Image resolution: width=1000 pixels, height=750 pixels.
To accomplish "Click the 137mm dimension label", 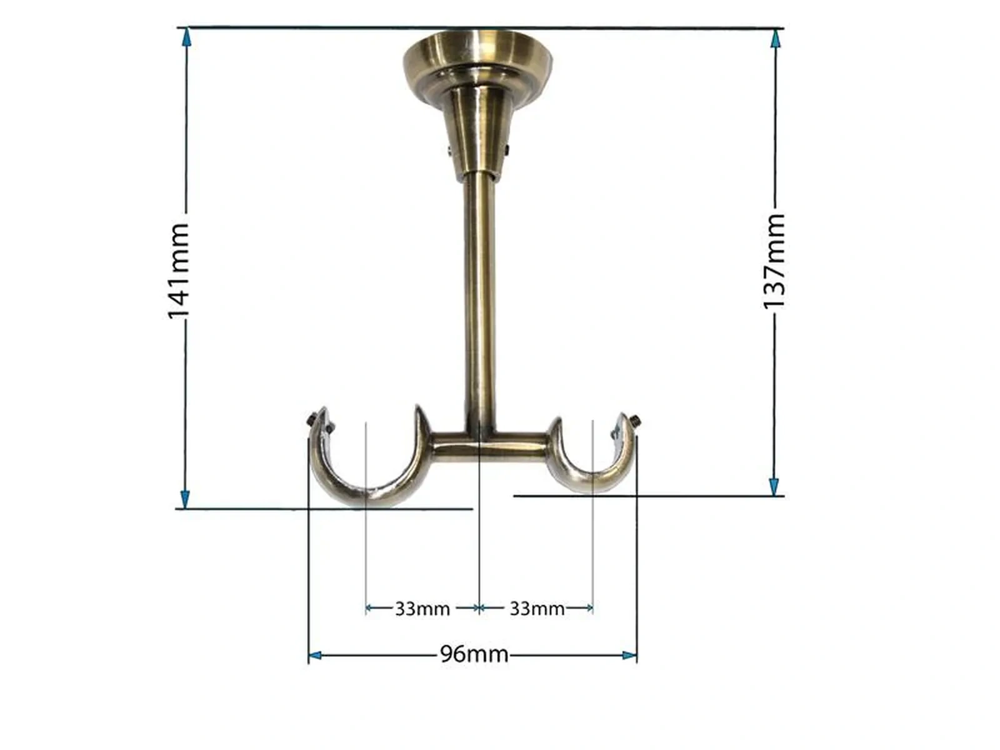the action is pos(774,261).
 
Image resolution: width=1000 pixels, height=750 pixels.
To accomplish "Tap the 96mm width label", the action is pos(474,654).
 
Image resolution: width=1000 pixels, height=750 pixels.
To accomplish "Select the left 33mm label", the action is pos(422,608).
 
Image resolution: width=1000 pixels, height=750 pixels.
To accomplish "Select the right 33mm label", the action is pos(537,608).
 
